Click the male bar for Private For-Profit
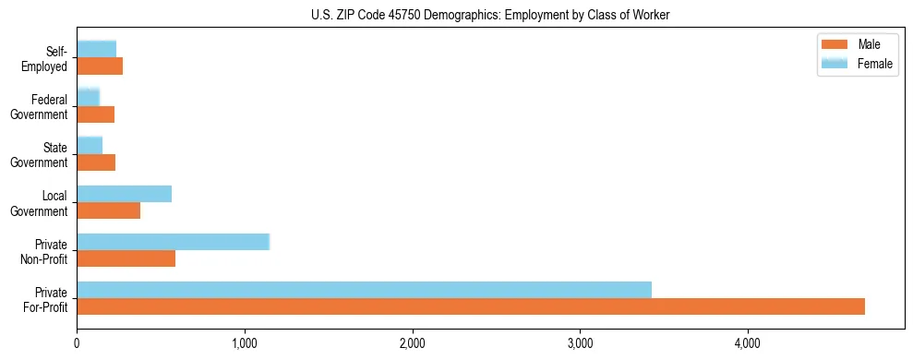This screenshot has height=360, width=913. coord(471,306)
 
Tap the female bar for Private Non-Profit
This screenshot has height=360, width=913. coord(173,242)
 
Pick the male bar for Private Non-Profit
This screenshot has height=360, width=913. coord(126,258)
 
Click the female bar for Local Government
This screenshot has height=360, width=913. coord(124,194)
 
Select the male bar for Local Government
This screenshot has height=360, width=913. coord(108,210)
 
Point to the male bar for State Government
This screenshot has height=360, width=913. coord(96,162)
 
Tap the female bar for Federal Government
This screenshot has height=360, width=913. coord(88,97)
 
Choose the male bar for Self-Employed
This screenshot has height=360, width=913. coord(100,66)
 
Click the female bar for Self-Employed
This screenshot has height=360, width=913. coord(96,49)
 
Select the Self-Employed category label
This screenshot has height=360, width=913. coord(45,58)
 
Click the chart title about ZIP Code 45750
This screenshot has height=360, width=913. coord(490,15)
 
